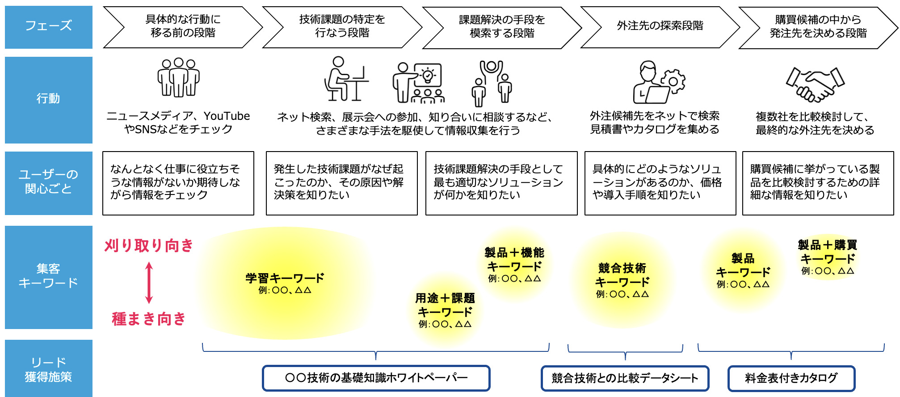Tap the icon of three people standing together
pyautogui.click(x=178, y=77)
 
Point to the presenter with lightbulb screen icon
pyautogui.click(x=418, y=83)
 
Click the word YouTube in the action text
pyautogui.click(x=227, y=116)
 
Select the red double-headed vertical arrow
pyautogui.click(x=149, y=283)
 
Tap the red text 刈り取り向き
pyautogui.click(x=149, y=245)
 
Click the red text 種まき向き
pyautogui.click(x=149, y=319)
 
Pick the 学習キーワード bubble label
pyautogui.click(x=285, y=279)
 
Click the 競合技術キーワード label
pyautogui.click(x=622, y=275)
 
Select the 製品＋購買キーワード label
pyautogui.click(x=827, y=252)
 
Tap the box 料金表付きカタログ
pyautogui.click(x=791, y=378)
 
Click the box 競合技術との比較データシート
pyautogui.click(x=625, y=378)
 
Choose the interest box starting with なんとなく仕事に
pyautogui.click(x=178, y=183)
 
